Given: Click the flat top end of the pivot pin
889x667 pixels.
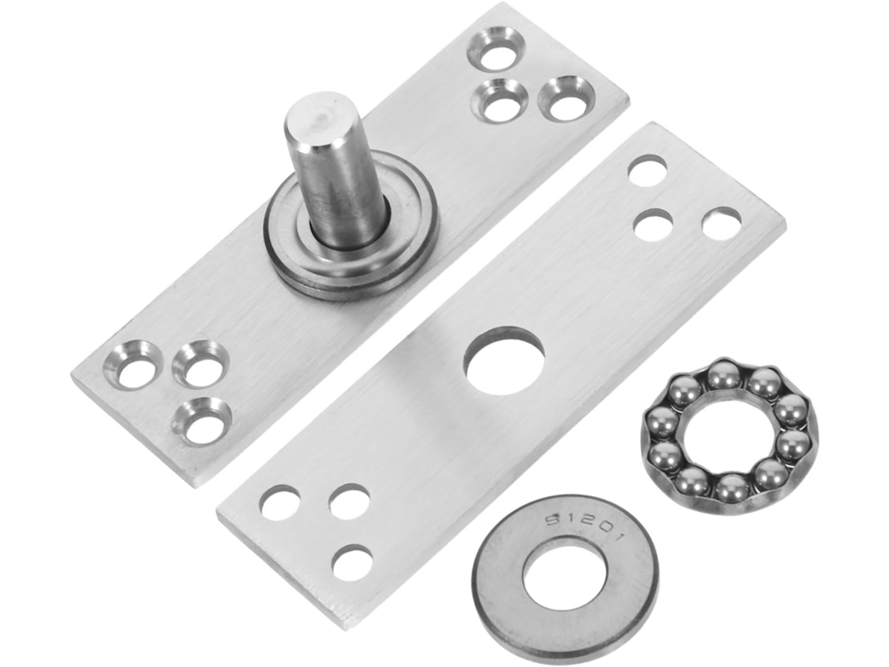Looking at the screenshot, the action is point(317,118).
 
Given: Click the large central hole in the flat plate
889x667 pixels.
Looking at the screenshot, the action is point(504,360).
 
